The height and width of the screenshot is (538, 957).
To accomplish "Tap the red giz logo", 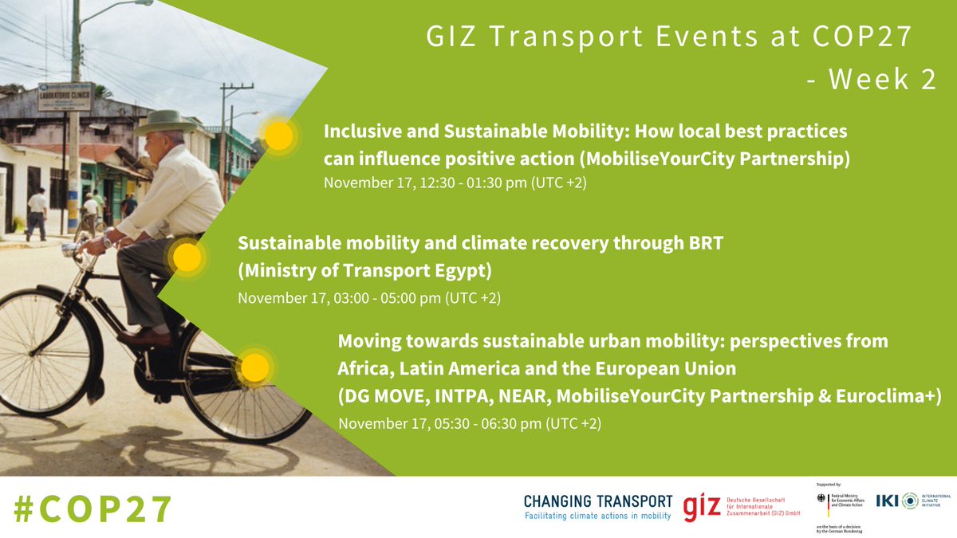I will [699, 507].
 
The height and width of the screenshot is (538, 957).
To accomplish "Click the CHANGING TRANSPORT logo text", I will [598, 501].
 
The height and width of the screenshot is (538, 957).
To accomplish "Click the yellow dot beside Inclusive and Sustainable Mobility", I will [278, 136].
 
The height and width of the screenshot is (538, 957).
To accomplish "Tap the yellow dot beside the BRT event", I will [186, 257].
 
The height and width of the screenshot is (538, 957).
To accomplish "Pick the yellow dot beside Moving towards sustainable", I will [254, 367].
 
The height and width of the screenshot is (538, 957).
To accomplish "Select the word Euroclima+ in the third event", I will [894, 396].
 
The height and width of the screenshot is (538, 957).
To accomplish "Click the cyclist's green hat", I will [164, 122].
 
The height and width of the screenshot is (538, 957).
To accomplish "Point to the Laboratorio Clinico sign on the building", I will [65, 96].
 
